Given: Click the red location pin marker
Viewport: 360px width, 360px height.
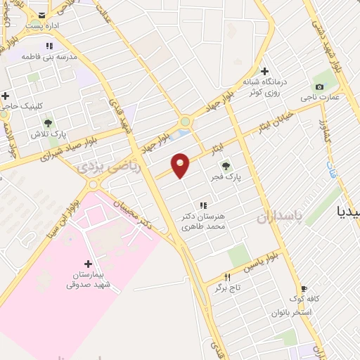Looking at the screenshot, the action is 181,165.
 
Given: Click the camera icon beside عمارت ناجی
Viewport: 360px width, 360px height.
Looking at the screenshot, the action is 320,87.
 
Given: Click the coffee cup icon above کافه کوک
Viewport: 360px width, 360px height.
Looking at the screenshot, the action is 304,288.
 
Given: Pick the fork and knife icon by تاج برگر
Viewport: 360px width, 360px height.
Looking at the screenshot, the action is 226,277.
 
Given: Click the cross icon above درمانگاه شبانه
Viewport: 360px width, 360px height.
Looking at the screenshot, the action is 265,71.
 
